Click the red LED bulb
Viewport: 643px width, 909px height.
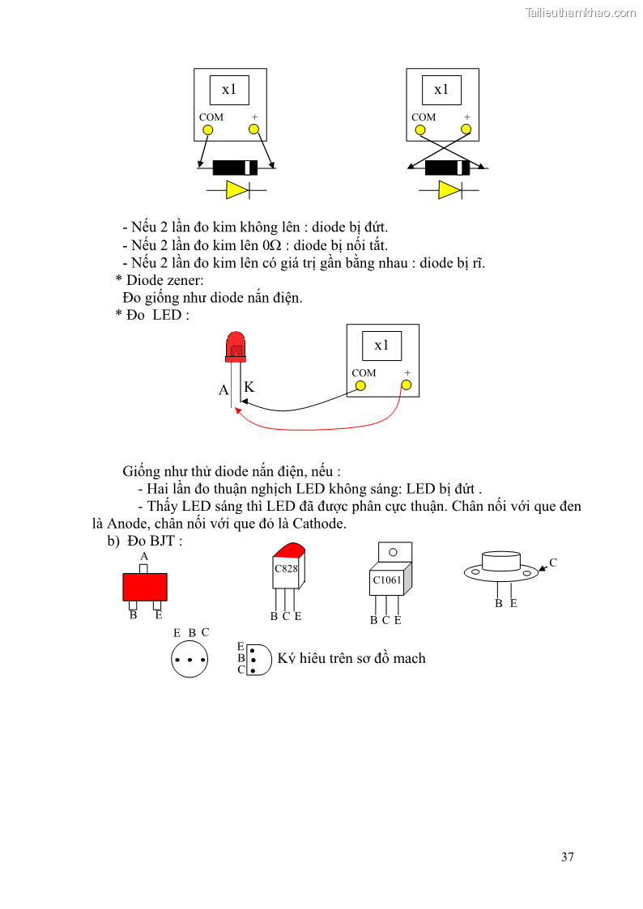click(236, 346)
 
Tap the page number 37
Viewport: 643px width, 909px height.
click(567, 857)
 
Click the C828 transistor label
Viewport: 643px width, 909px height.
click(286, 568)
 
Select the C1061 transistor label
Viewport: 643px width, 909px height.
click(387, 580)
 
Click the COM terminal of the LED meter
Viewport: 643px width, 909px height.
click(360, 385)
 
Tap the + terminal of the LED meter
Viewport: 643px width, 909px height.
click(407, 385)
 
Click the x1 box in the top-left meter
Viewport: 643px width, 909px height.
click(229, 90)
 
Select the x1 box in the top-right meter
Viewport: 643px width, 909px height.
click(441, 90)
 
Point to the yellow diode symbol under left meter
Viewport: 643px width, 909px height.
click(236, 190)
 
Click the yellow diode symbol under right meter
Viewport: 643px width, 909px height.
click(449, 190)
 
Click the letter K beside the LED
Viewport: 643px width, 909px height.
click(249, 387)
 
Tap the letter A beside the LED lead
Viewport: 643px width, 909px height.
click(224, 390)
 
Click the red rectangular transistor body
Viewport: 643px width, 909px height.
click(145, 587)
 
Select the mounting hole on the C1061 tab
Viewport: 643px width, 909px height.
click(393, 553)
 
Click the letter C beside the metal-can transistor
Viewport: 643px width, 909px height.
click(553, 563)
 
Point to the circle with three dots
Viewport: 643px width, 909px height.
click(189, 660)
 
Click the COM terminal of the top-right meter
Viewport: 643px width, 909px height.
click(424, 129)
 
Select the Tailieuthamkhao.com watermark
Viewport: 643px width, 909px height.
click(580, 13)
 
